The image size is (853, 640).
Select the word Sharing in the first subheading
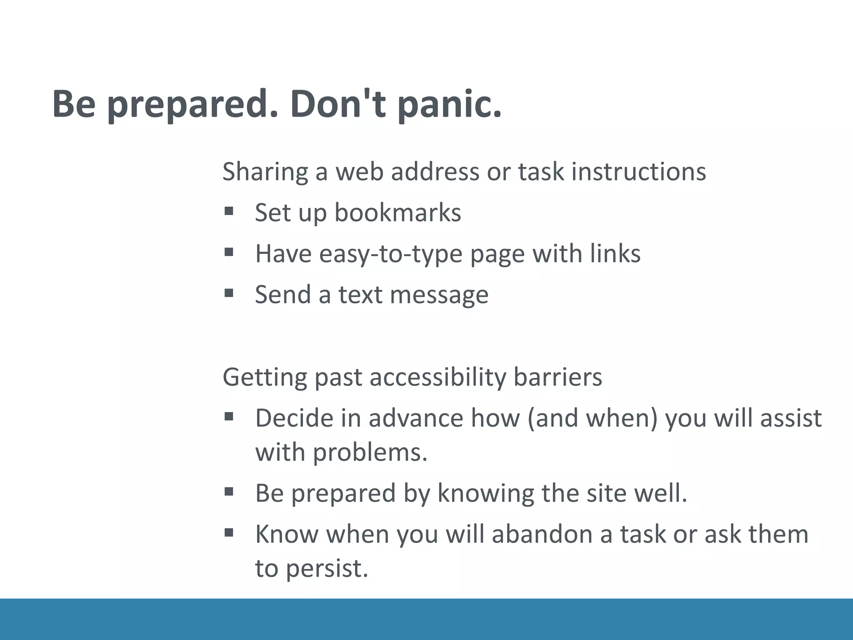265,172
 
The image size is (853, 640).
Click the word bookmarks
398,212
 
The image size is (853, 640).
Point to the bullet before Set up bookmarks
228,211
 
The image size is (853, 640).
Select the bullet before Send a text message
228,293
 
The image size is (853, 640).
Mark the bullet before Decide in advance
228,416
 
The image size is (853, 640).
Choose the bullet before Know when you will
228,532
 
